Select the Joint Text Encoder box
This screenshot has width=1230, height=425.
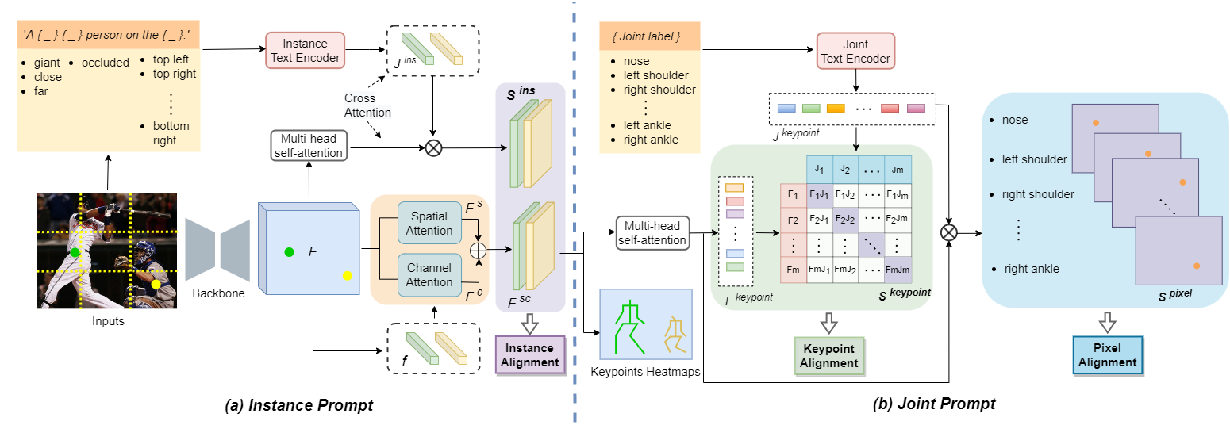[x=855, y=50]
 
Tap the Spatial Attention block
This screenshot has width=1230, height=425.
[x=429, y=224]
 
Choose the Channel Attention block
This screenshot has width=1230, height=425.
[x=429, y=274]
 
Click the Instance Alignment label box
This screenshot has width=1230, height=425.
[x=529, y=354]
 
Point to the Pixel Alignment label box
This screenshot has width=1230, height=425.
[x=1108, y=354]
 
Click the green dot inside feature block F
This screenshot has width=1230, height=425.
[x=290, y=252]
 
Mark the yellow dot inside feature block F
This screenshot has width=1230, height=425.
[x=347, y=275]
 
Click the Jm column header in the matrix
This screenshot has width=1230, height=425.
[x=898, y=168]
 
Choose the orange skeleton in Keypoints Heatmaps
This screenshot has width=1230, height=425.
[x=674, y=334]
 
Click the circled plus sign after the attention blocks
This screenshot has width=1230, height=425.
[x=478, y=249]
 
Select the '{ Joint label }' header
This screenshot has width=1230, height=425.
[x=649, y=36]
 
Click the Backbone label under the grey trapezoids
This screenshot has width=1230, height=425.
[x=219, y=293]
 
